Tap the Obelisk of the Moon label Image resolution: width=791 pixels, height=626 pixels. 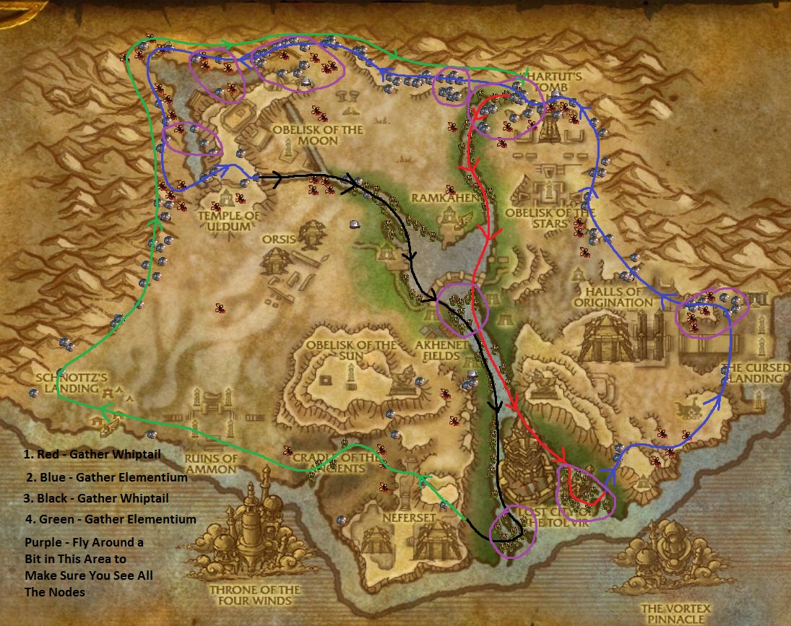coord(317,135)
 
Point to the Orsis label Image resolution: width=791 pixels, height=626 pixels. coord(279,238)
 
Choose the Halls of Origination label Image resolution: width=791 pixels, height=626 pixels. coord(614,297)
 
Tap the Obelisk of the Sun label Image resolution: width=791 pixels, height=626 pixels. coord(351,351)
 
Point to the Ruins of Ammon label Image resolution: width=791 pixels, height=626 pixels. coord(210,464)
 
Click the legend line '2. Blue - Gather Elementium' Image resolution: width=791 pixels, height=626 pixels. coord(106,477)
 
